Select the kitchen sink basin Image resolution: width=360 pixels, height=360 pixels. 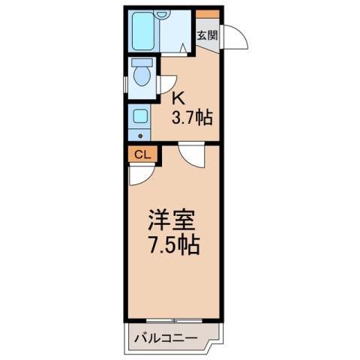click(139, 115)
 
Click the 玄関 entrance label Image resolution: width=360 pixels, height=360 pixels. click(207, 34)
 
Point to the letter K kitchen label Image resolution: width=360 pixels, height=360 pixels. click(179, 97)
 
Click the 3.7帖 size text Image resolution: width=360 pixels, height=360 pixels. click(193, 117)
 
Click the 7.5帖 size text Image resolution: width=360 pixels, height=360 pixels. click(172, 245)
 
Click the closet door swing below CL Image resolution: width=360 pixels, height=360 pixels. click(139, 174)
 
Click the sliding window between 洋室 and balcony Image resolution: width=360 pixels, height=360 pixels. click(173, 320)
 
